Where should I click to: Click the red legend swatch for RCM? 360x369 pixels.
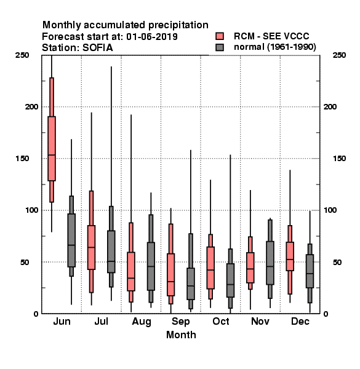tap(220, 36)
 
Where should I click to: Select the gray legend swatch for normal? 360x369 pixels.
tap(220, 47)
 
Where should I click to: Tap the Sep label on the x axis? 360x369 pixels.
tap(180, 322)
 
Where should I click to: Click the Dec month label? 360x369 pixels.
tap(300, 321)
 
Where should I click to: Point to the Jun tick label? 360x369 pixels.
tap(62, 321)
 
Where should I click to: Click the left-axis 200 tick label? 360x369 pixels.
tap(31, 106)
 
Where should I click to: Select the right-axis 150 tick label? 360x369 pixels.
tap(339, 159)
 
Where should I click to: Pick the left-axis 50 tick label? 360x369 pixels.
tap(26, 262)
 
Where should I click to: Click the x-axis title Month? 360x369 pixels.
tap(181, 335)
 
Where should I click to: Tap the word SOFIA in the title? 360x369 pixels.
tap(97, 48)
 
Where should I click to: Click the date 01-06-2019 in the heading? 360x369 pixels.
tap(152, 36)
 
